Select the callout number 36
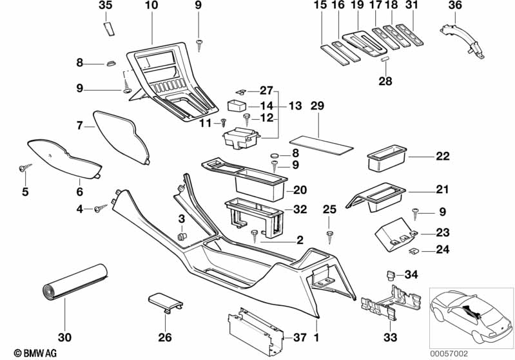click(455, 6)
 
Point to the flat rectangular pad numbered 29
click(321, 141)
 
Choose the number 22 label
click(442, 156)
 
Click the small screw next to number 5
click(24, 168)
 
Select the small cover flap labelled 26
click(165, 301)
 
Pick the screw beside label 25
click(330, 234)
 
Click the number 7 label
click(81, 126)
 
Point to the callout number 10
click(151, 6)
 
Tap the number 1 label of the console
click(316, 336)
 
